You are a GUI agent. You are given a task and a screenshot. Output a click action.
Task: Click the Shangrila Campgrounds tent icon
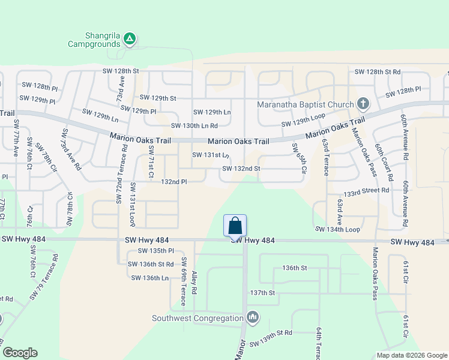coord(129,40)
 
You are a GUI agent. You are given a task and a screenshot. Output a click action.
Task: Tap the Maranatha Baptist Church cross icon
coord(363,104)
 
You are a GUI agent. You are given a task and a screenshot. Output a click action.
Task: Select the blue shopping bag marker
coord(235,226)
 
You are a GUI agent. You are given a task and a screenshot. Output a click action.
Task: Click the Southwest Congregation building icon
coord(252,317)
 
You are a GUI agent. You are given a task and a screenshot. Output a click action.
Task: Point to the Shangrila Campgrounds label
coord(95,40)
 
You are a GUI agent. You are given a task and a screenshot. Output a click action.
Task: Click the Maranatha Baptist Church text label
coord(305,105)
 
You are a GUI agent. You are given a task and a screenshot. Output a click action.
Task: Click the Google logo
coord(20,353)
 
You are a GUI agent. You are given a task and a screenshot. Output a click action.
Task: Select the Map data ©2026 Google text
coord(411,355)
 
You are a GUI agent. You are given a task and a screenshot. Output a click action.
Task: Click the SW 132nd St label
coord(241,169)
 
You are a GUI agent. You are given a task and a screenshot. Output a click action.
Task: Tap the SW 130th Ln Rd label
coord(194,125)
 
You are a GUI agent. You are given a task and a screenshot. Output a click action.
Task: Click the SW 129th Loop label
coord(303,124)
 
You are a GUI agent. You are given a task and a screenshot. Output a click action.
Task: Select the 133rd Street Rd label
coord(366,190)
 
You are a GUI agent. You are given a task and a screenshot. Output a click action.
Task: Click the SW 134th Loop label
coord(337,229)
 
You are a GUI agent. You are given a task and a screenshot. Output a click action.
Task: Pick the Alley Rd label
coord(194,281)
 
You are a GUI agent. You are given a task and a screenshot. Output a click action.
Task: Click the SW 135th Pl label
coord(155,251)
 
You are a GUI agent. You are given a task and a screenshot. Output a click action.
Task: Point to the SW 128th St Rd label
coord(378,71)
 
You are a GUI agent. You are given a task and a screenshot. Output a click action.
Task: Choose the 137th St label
coord(262,293)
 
